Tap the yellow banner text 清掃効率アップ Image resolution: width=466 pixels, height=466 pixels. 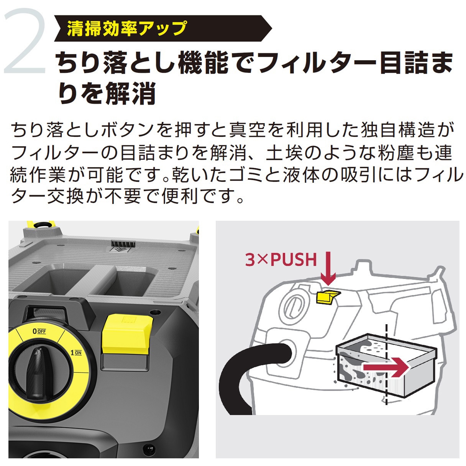click(x=126, y=28)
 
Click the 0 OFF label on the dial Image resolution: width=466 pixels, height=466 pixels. click(x=39, y=331)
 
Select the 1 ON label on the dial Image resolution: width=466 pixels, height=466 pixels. click(x=75, y=353)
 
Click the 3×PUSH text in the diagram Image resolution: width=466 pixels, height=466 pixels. click(x=281, y=259)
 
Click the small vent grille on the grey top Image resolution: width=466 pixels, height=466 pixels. click(x=123, y=244)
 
